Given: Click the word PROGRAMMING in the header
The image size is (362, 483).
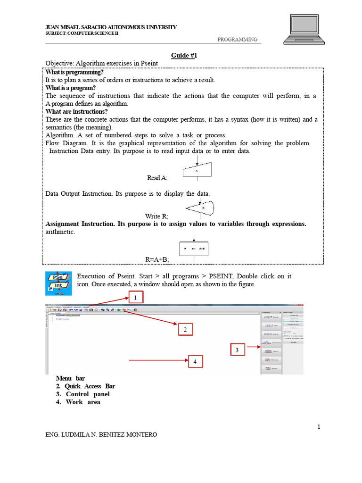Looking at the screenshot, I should click(x=238, y=40).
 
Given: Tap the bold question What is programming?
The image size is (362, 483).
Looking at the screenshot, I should click(x=74, y=72).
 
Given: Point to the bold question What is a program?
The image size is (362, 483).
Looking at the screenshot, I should click(x=71, y=88).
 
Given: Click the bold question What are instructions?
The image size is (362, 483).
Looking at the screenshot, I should click(x=76, y=111).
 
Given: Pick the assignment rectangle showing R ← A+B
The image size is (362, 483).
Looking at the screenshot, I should click(x=194, y=249).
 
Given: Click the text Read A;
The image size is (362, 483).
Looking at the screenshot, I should click(x=157, y=178).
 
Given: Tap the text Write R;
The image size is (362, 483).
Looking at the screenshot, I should click(x=156, y=216).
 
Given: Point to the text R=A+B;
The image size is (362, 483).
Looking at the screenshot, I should click(x=157, y=259).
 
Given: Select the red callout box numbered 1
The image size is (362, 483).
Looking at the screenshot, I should click(x=135, y=298).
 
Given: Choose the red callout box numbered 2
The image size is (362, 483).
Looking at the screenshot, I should click(x=186, y=330).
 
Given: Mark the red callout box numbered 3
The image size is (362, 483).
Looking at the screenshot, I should click(x=238, y=350).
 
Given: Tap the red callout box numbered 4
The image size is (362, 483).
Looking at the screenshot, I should click(x=195, y=362).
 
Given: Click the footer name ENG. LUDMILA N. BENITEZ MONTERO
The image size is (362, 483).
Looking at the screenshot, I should click(x=101, y=434).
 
